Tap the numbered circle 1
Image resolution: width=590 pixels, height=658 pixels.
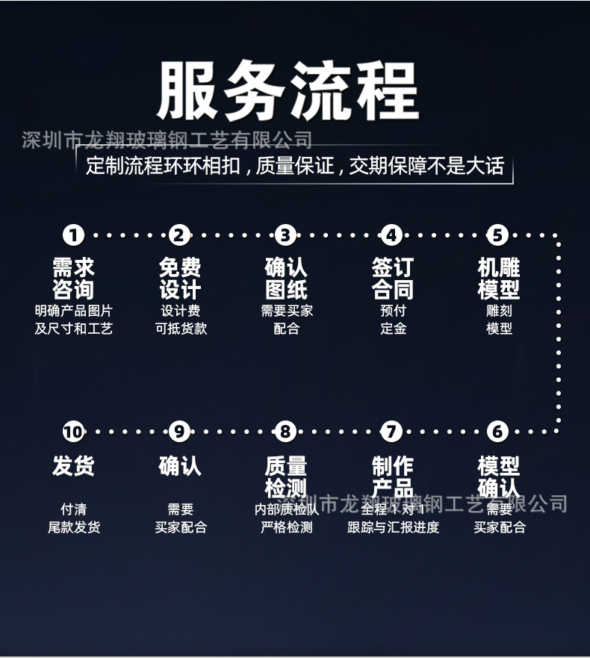pyautogui.click(x=73, y=235)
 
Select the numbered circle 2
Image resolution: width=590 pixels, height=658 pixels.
pyautogui.click(x=179, y=235)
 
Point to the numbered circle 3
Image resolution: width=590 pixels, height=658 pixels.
pyautogui.click(x=285, y=235)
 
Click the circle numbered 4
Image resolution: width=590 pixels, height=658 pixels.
pyautogui.click(x=392, y=235)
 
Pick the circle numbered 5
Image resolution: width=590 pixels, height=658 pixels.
pyautogui.click(x=498, y=235)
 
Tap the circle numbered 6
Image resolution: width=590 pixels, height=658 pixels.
pyautogui.click(x=498, y=431)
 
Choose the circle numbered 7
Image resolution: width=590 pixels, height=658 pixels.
pyautogui.click(x=392, y=431)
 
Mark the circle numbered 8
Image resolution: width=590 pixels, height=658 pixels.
pyautogui.click(x=285, y=431)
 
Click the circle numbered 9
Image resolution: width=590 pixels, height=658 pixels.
pyautogui.click(x=179, y=431)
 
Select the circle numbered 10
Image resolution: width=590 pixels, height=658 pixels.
pyautogui.click(x=73, y=431)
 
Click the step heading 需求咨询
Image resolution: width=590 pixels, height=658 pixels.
pyautogui.click(x=73, y=278)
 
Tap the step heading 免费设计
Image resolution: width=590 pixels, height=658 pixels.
pyautogui.click(x=179, y=278)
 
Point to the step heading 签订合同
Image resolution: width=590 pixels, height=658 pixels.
pyautogui.click(x=392, y=278)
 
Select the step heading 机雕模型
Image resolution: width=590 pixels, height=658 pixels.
pyautogui.click(x=498, y=278)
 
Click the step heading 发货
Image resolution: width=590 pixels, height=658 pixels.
pyautogui.click(x=73, y=466)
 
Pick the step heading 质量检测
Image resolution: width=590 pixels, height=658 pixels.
pyautogui.click(x=285, y=477)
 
